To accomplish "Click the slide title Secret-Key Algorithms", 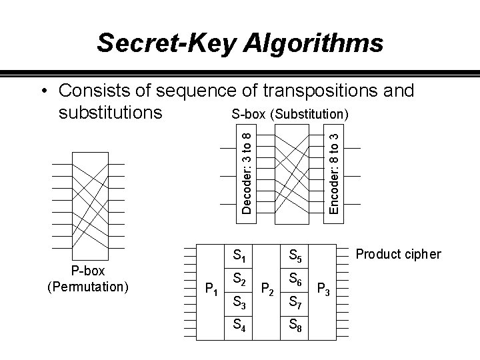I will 240,43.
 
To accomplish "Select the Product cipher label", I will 399,254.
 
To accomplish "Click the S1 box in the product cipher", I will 237,255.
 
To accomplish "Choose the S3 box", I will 237,303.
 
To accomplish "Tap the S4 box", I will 237,327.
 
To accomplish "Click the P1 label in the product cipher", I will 212,289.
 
